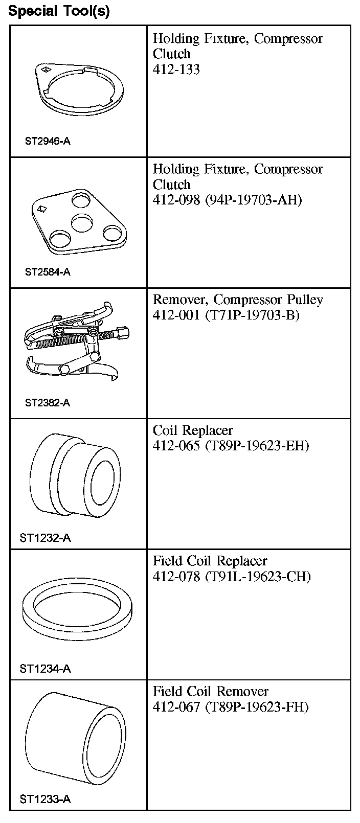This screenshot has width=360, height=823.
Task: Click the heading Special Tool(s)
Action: [x=59, y=11]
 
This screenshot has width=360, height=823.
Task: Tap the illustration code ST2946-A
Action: [x=48, y=141]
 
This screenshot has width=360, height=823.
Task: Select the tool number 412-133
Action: [x=176, y=70]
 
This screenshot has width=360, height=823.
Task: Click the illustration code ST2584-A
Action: [x=48, y=272]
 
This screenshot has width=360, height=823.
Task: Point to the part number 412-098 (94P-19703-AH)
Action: [x=227, y=200]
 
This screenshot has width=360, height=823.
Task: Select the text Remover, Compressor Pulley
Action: [x=238, y=300]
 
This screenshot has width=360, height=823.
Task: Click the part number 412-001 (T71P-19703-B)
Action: [x=226, y=315]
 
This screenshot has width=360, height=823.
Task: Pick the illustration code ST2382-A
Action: [x=48, y=403]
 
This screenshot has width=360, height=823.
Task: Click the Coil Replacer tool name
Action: [x=193, y=430]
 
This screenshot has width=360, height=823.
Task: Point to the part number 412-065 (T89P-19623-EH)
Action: [x=231, y=446]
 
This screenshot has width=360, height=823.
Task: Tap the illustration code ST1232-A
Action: [x=45, y=538]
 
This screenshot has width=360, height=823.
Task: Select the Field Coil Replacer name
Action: [x=210, y=561]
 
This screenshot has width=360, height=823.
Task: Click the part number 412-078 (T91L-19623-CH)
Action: [x=231, y=577]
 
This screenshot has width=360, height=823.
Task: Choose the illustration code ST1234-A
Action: [x=45, y=669]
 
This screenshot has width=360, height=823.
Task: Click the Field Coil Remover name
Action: [x=210, y=692]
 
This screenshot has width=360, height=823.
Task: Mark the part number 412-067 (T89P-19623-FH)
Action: [x=230, y=707]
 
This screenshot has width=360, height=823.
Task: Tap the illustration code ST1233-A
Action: [x=45, y=799]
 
